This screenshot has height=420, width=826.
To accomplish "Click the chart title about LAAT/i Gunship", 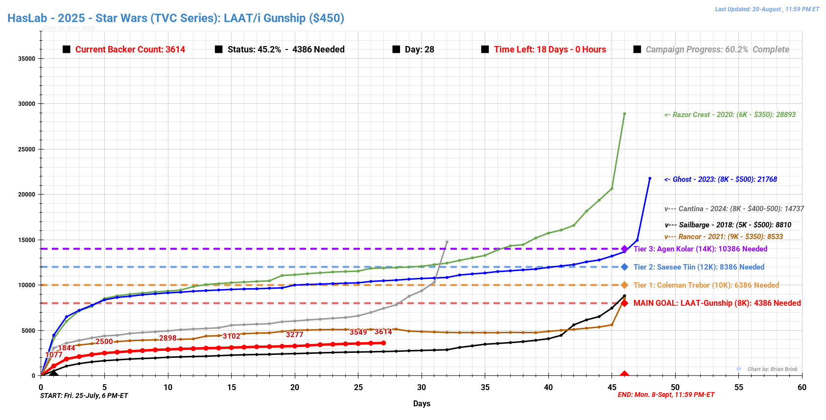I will pyautogui.click(x=176, y=18).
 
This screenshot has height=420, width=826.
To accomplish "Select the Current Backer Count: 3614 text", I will pyautogui.click(x=130, y=49).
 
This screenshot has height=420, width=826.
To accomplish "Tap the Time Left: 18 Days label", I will pyautogui.click(x=550, y=49).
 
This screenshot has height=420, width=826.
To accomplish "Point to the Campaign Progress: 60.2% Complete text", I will pyautogui.click(x=717, y=49).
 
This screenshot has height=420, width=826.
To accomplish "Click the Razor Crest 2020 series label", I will pyautogui.click(x=730, y=115).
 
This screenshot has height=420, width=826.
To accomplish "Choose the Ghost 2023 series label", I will pyautogui.click(x=720, y=179).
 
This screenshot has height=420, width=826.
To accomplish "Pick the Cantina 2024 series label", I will pyautogui.click(x=734, y=209).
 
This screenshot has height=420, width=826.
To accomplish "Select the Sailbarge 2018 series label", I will pyautogui.click(x=728, y=225).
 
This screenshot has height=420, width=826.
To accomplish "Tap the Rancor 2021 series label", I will pyautogui.click(x=723, y=237).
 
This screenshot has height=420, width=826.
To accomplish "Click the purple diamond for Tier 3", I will pyautogui.click(x=624, y=249).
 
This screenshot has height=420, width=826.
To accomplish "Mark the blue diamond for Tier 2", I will pyautogui.click(x=624, y=267).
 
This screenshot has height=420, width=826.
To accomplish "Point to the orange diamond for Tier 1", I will pyautogui.click(x=624, y=285).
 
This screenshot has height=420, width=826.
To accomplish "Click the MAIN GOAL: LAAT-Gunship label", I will pyautogui.click(x=717, y=303).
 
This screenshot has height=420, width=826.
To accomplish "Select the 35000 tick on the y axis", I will pyautogui.click(x=27, y=58).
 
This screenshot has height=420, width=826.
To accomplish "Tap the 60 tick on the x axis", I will pyautogui.click(x=802, y=387).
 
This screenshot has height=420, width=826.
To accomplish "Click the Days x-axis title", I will pyautogui.click(x=422, y=403).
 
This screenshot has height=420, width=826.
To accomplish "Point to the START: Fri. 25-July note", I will pyautogui.click(x=84, y=395).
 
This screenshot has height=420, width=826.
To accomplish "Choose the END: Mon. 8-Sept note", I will pyautogui.click(x=666, y=395).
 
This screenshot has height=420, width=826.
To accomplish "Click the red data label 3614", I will pyautogui.click(x=383, y=332).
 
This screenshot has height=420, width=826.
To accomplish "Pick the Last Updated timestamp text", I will pyautogui.click(x=767, y=9).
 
